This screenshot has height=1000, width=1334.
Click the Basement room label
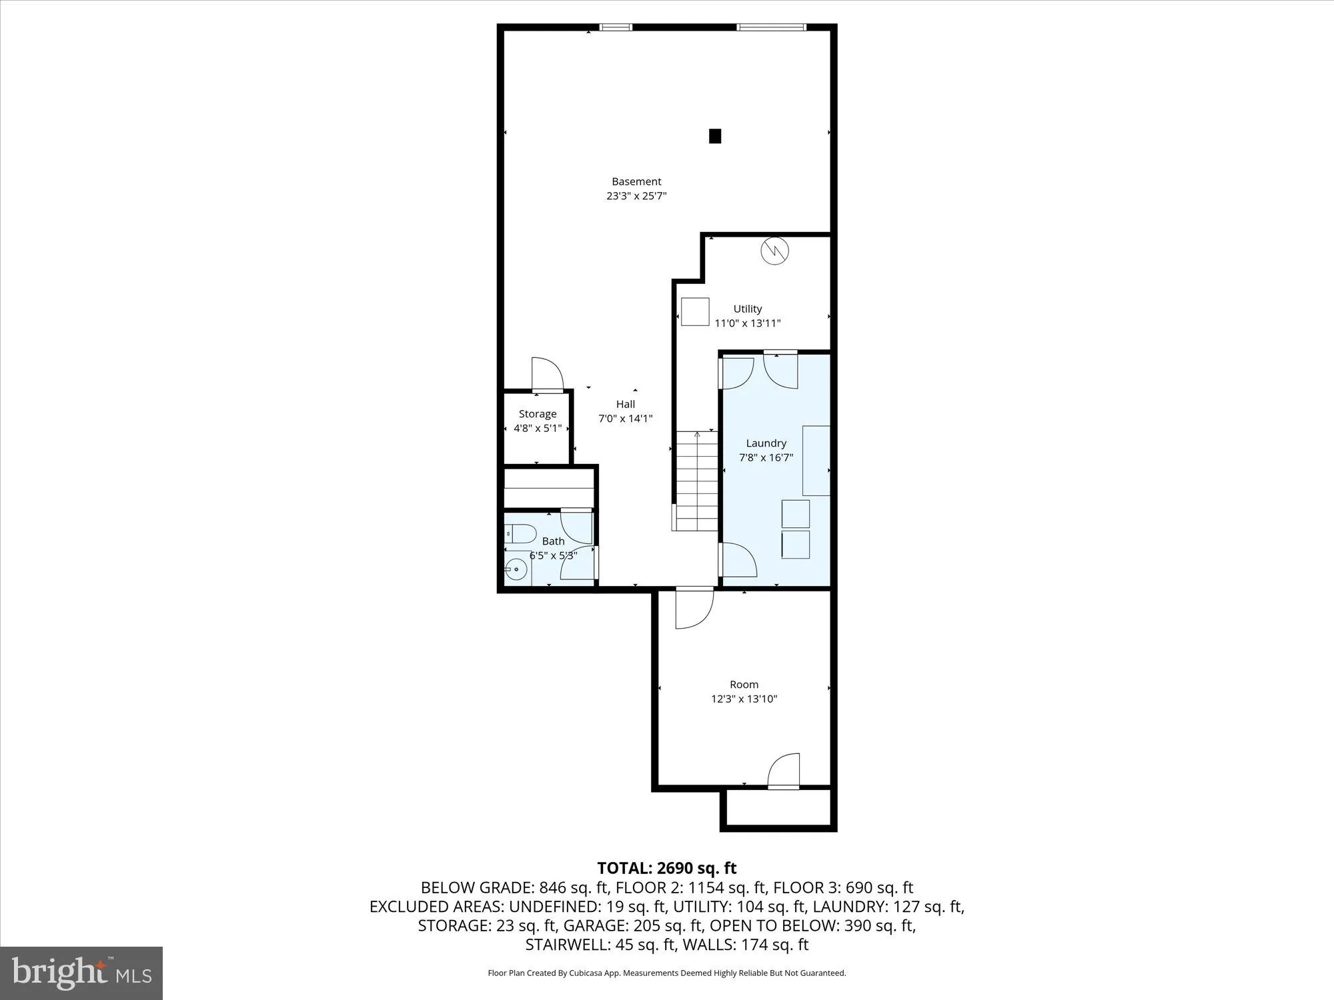[x=636, y=181]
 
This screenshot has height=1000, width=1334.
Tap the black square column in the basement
[x=714, y=136]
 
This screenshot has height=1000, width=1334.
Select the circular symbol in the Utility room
[x=775, y=251]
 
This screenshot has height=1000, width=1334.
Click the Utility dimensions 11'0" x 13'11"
[x=747, y=323]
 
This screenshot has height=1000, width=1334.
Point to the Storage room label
[x=538, y=414]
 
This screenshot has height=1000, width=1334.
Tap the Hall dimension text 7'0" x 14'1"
[x=625, y=419]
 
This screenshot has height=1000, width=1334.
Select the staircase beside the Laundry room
[x=696, y=481]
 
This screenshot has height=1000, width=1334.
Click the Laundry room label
[x=766, y=443]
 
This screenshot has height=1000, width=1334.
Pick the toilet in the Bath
[x=521, y=533]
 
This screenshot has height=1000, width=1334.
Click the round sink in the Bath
[x=516, y=569]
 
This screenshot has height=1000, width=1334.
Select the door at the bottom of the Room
[x=784, y=772]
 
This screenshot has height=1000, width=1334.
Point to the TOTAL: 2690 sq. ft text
[x=666, y=868]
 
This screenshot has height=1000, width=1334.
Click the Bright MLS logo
[x=81, y=973]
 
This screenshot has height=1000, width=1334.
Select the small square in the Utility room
[x=695, y=311]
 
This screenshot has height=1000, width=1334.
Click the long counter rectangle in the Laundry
[x=816, y=461]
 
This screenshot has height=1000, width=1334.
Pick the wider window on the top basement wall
[x=771, y=27]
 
